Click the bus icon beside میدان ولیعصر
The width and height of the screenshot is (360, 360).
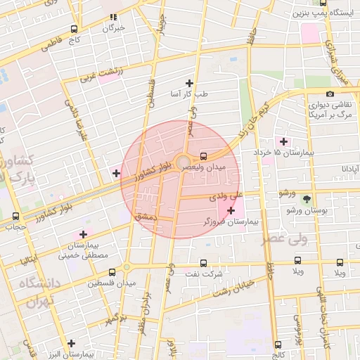click(x=204, y=156)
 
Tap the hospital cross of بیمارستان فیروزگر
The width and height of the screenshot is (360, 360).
click(x=231, y=210)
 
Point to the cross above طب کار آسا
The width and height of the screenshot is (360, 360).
click(x=189, y=83)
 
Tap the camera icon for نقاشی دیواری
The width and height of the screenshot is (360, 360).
click(x=330, y=94)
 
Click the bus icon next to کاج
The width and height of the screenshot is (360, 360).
click(x=74, y=30)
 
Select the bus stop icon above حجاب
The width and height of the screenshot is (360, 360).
click(x=16, y=216)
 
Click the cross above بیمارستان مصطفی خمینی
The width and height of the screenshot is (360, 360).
click(x=84, y=234)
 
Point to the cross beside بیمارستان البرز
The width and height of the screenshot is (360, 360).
click(x=70, y=343)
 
